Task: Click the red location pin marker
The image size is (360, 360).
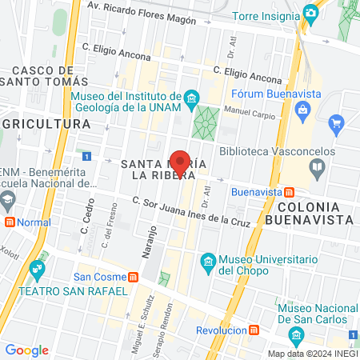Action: [181, 162]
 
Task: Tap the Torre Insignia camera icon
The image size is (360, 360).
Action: [310, 14]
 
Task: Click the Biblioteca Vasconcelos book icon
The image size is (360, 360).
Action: [318, 167]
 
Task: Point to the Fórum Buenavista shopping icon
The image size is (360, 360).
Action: [336, 124]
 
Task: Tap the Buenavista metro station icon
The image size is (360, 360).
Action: [289, 192]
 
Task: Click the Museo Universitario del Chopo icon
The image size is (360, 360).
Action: [208, 262]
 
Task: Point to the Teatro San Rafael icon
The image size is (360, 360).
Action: [36, 270]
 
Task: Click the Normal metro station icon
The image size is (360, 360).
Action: [10, 222]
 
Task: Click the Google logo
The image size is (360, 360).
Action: [26, 350]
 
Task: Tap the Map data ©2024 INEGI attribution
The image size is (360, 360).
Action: [312, 354]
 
